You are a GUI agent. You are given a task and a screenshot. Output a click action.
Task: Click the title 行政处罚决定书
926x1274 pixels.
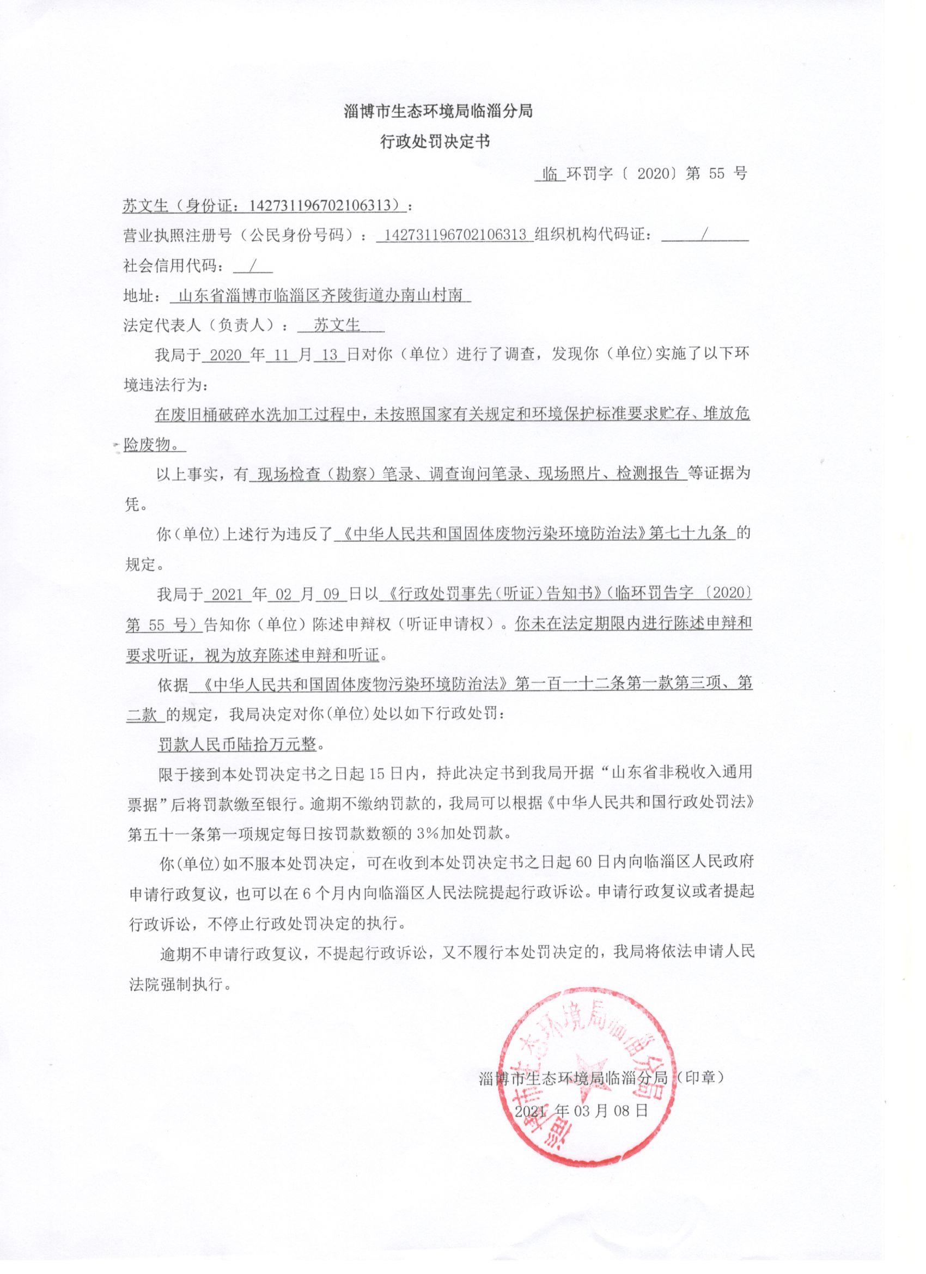[x=435, y=142]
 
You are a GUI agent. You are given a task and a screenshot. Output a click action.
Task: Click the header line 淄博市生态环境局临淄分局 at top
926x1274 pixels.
[x=438, y=111]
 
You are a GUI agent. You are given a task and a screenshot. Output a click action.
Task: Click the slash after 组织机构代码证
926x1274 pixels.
[x=704, y=235]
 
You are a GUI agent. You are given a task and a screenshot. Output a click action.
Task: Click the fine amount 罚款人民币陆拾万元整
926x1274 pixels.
[x=237, y=745]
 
